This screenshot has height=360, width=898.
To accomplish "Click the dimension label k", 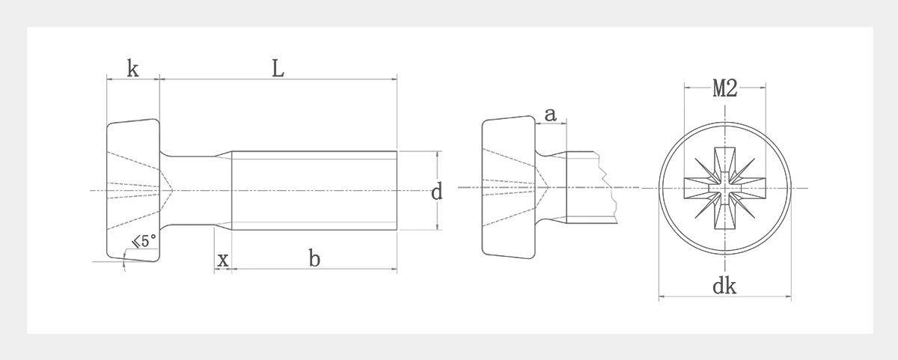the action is point(132,69).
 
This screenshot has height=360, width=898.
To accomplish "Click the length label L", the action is point(278,69).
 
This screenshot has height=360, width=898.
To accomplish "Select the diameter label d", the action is point(436,191).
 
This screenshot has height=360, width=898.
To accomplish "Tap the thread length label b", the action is point(314,257).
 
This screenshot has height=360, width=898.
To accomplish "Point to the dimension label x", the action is point(223,260).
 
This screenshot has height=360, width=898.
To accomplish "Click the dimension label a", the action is point(551,115).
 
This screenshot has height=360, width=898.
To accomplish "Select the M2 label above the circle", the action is point(725,88).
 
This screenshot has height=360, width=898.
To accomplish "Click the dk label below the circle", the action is point(724,286).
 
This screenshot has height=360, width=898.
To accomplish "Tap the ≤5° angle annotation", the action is point(144,241).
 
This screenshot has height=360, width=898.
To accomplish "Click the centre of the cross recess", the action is point(725,188).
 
